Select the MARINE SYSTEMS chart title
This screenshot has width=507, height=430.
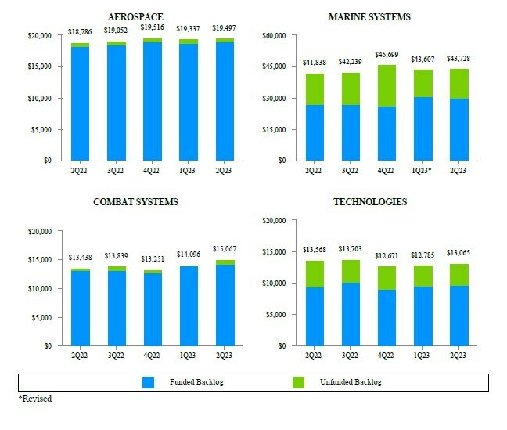(x=370, y=17)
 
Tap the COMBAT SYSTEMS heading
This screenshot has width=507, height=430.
(x=135, y=202)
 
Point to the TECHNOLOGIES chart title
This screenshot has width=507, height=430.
(x=370, y=202)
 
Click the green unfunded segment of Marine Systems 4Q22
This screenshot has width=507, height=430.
(x=387, y=85)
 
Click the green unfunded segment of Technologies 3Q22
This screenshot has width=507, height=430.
(x=351, y=271)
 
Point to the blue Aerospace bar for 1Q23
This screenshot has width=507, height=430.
(x=189, y=102)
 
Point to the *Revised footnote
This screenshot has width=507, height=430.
(x=35, y=399)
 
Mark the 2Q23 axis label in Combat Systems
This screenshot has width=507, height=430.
(x=225, y=356)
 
